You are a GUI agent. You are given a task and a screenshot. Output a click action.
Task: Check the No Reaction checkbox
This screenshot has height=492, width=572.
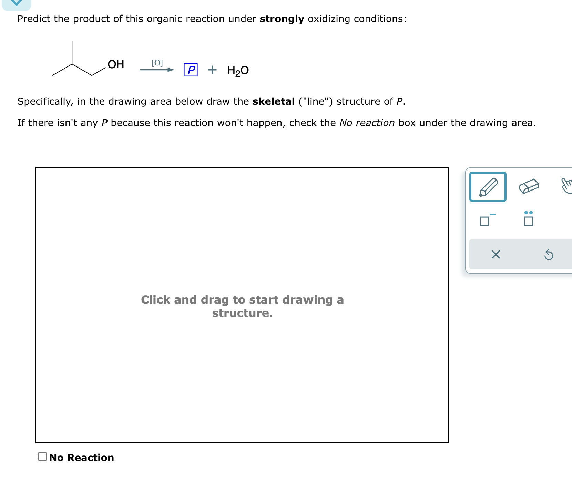pos(42,457)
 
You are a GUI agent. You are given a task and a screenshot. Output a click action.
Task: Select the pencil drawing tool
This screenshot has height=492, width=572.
pos(488,187)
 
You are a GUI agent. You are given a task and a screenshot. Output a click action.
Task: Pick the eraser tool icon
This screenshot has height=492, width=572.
pos(529,186)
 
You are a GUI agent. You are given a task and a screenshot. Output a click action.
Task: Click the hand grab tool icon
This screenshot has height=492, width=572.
pos(566,186)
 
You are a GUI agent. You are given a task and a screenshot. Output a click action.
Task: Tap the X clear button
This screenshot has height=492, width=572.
pos(496,255)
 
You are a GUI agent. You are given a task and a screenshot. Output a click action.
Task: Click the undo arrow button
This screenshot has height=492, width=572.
pos(549,255)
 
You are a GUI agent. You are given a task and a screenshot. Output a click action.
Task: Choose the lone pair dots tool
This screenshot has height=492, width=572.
pos(528,218)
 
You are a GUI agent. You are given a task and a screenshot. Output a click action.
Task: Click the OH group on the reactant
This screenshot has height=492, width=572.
pos(116,64)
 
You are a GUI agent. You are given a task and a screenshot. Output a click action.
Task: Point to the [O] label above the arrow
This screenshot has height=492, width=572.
pos(157,63)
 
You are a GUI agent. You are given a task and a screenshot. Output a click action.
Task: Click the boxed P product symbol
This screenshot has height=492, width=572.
pos(191,70)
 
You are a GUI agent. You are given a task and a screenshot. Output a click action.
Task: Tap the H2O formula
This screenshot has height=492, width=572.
pos(238,70)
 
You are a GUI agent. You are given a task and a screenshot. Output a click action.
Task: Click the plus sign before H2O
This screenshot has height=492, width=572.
pos(212,70)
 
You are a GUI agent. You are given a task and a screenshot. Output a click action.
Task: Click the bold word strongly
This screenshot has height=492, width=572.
pos(282,19)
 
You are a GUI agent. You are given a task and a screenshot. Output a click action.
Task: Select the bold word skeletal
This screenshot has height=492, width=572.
pos(273,101)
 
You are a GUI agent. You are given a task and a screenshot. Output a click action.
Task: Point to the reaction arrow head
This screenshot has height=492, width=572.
pos(171,70)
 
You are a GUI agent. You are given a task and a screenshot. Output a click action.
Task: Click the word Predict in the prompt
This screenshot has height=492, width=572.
pos(34,19)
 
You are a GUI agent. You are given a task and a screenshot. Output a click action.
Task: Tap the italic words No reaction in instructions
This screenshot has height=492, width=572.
pos(367,123)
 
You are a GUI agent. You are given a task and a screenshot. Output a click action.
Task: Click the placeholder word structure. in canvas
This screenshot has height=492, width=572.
pos(242,313)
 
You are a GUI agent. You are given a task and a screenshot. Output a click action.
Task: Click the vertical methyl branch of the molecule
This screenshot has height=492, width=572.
pos(72,52)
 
